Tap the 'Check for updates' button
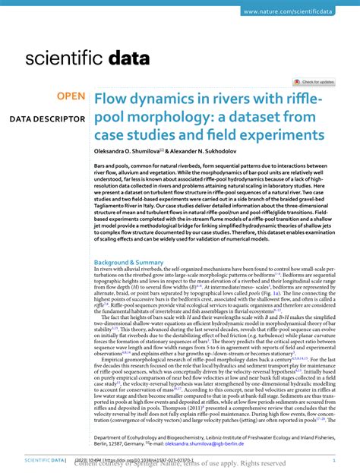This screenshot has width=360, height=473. [314, 81]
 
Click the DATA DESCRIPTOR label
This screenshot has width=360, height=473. [47, 120]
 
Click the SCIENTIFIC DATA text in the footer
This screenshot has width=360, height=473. [34, 461]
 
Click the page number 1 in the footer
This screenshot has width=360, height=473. [334, 461]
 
